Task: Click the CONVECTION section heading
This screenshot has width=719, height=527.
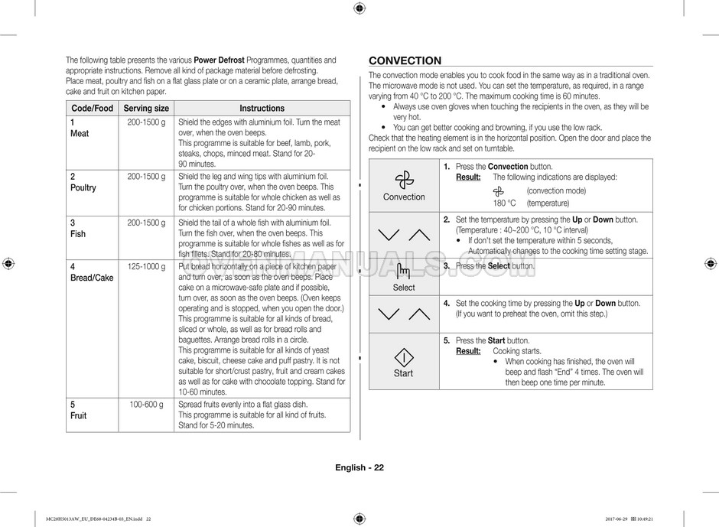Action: coord(405,61)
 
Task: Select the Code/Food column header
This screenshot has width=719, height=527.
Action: coord(92,109)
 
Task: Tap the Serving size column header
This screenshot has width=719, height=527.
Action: coord(146,109)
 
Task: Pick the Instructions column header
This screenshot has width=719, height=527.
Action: coord(262,109)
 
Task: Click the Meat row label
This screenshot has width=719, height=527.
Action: coord(80,133)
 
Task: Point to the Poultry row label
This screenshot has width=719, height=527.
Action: coord(83,187)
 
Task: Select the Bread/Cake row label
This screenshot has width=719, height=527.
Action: coord(92,278)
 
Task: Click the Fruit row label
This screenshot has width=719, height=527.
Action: coord(78,415)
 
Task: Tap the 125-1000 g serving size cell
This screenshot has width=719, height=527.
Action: coord(146,266)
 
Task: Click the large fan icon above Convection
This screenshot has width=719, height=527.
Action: coord(404,181)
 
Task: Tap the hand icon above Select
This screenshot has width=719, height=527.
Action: coord(404,272)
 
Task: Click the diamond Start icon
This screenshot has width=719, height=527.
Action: coord(404,357)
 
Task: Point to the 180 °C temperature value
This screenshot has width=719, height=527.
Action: coord(504,203)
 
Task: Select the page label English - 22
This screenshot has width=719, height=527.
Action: coord(359,468)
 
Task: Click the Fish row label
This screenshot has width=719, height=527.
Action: coord(78,234)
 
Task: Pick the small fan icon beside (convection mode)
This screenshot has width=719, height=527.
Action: coord(499,190)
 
